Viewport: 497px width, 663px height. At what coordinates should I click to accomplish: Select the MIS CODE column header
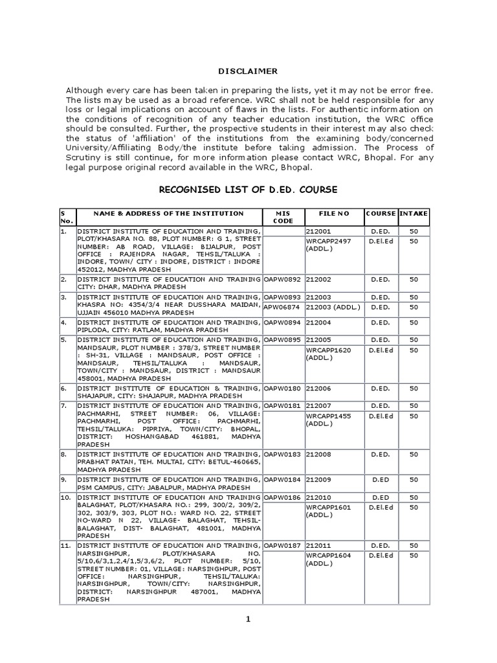(283, 217)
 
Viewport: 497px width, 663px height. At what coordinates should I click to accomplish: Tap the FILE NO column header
(333, 213)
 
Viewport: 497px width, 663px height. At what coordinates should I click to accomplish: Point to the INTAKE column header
(413, 213)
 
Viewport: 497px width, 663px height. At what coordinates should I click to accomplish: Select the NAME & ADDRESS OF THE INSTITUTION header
(168, 213)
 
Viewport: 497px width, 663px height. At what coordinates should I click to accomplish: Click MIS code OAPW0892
(283, 279)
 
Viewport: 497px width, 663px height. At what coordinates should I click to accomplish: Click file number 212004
(318, 321)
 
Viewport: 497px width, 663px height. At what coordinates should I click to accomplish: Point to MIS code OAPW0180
(283, 388)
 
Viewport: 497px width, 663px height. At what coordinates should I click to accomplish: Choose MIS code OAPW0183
(283, 455)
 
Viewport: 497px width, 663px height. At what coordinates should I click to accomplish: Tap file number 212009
(318, 480)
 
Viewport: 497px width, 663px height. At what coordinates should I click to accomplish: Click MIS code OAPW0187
(283, 546)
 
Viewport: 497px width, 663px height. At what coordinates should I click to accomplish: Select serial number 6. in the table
(63, 388)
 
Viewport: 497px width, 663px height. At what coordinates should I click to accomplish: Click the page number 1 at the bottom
(247, 620)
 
